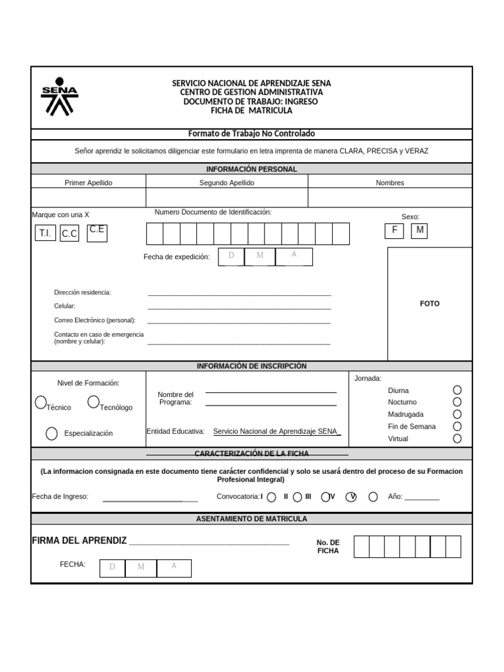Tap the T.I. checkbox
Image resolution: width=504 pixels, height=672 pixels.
(x=45, y=233)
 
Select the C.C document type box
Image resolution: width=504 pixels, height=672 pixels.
(x=70, y=234)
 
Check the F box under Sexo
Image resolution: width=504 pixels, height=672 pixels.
(x=395, y=230)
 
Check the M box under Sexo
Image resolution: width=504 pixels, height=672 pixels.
(x=419, y=230)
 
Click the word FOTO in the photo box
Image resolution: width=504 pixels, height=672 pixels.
(x=430, y=304)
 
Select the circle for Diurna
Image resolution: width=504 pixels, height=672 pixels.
(x=457, y=390)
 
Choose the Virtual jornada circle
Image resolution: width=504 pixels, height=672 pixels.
(x=457, y=438)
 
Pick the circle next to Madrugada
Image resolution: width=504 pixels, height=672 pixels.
(x=457, y=414)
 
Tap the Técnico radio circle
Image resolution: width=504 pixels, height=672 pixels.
(x=41, y=401)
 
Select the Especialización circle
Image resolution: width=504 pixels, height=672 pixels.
(x=52, y=433)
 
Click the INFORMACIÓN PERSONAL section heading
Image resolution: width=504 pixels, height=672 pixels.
(x=251, y=169)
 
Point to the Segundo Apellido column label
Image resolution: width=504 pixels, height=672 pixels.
(x=226, y=183)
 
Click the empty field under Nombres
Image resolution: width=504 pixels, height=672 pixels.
(x=389, y=198)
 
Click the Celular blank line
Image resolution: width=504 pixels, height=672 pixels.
(x=239, y=307)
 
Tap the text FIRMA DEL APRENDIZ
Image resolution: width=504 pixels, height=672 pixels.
(x=79, y=540)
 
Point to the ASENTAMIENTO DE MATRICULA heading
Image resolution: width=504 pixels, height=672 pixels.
(x=251, y=519)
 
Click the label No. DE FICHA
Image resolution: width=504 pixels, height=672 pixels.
(x=328, y=547)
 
